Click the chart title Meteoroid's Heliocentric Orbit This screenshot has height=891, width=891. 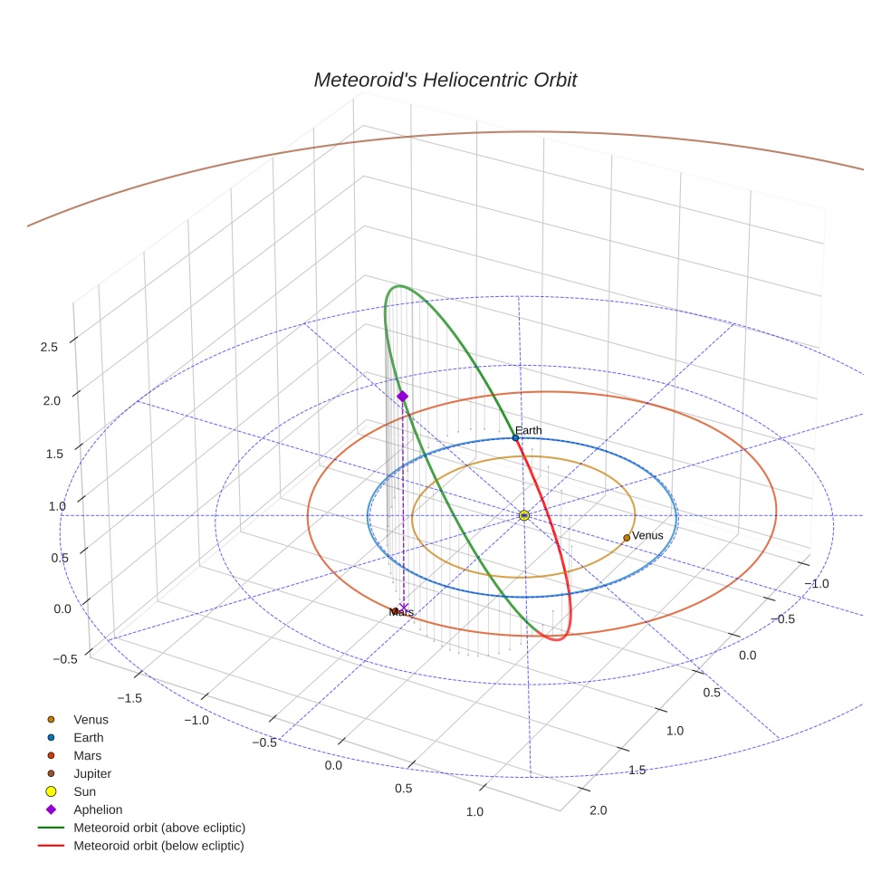(445, 80)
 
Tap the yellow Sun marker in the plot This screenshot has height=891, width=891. (524, 515)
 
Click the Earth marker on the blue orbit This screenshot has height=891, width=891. (515, 437)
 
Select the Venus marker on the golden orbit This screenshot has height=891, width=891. (627, 538)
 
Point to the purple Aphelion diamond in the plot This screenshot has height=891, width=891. (402, 397)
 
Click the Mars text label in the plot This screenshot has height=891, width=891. (401, 613)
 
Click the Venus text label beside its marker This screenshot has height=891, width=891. (647, 535)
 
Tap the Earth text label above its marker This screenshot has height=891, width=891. (528, 430)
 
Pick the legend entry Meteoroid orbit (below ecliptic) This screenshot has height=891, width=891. (158, 846)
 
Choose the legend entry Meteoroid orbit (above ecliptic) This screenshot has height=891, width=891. (158, 828)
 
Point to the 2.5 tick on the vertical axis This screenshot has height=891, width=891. (50, 347)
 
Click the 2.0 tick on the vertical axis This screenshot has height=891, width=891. (50, 400)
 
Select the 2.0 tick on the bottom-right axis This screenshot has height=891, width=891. (598, 810)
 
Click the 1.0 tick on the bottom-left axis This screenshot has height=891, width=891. (474, 811)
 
